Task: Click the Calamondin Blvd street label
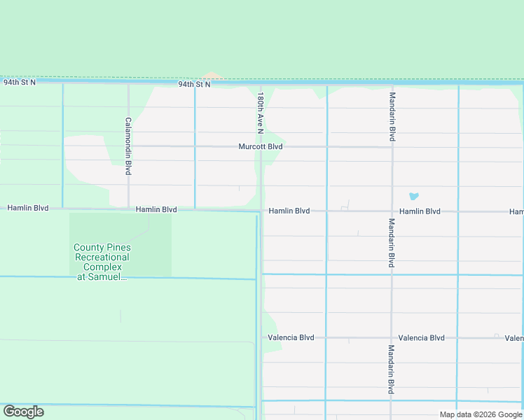tap(128, 146)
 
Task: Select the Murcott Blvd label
tap(260, 147)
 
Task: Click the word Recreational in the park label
tap(102, 258)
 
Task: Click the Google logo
tap(23, 412)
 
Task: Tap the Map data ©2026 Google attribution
tap(481, 414)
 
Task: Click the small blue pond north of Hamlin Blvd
tap(413, 197)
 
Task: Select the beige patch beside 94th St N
tap(211, 76)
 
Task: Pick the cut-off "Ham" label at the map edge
tap(516, 211)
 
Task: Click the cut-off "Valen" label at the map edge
tap(513, 338)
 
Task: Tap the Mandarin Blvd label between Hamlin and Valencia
tap(392, 243)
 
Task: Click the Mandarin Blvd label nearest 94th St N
tap(392, 118)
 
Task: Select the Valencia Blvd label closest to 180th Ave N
tap(291, 337)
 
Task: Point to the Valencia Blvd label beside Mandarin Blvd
tap(421, 337)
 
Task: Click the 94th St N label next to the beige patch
tap(194, 84)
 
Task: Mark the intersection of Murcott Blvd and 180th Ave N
tap(262, 147)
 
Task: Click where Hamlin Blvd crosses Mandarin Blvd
tap(392, 211)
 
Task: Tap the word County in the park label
tap(88, 248)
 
